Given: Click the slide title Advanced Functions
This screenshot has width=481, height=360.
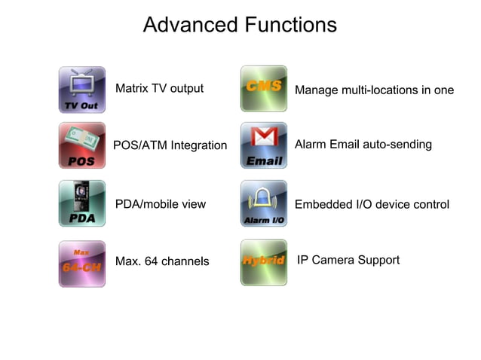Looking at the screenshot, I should pos(240,25).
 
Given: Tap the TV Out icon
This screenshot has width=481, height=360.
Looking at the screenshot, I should pos(82,90).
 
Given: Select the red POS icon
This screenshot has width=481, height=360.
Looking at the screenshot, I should pos(82,145).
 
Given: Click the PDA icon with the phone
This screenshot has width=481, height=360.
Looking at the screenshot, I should pos(82,203).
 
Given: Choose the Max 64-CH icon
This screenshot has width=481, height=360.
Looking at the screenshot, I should pos(82,264).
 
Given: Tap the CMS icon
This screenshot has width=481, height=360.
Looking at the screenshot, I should pos(264,89).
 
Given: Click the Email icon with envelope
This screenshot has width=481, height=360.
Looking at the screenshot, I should pos(264,145).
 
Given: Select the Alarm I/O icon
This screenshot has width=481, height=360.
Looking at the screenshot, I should pos(264,203).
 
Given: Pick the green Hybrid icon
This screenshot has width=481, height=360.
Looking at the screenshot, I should pos(264,262).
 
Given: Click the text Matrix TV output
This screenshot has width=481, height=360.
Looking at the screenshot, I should pos(159,89).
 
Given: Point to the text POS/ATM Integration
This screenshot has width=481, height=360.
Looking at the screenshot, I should pos(170,145).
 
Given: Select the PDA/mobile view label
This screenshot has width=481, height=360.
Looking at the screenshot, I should pos(160,204).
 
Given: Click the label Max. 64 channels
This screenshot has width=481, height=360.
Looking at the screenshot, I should pos(162,262).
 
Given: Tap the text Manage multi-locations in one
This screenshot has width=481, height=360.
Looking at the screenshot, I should pos(374,90).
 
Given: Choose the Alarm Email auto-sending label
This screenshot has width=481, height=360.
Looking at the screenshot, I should pos(363,145).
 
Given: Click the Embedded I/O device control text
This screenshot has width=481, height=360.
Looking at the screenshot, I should pos(372,205).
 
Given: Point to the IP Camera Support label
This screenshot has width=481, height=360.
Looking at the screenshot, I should pos(348,261).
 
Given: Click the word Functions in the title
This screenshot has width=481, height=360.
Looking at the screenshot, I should pos(290,25).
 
